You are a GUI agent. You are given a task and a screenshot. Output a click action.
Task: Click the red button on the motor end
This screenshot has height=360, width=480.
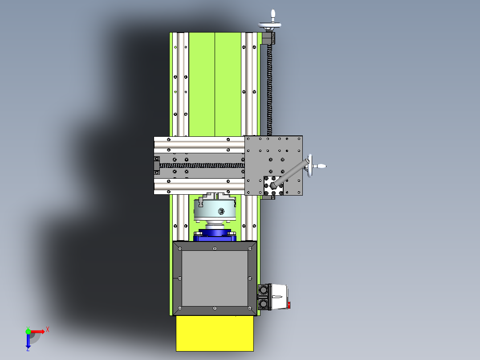coord(289,305)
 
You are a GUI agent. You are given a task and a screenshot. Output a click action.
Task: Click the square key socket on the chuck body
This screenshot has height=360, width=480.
coord(221,211)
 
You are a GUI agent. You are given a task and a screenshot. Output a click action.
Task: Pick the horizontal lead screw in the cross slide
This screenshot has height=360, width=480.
coord(200,165)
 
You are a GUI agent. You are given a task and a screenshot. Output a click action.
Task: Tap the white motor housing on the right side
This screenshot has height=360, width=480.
coord(279,297)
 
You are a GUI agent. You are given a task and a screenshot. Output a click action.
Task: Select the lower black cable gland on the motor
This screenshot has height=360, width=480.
coord(264,304)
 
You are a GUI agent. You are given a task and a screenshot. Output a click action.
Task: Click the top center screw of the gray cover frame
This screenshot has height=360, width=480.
coord(215,249)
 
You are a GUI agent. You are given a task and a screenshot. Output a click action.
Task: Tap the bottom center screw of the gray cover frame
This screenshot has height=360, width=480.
coord(215,308)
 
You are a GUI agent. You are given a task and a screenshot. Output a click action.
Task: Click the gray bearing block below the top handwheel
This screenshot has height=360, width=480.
coord(268,39)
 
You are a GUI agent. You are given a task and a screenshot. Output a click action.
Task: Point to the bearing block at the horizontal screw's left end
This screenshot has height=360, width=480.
coord(157,165)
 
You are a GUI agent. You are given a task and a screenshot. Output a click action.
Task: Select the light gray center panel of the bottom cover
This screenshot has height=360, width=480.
coord(215,278)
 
